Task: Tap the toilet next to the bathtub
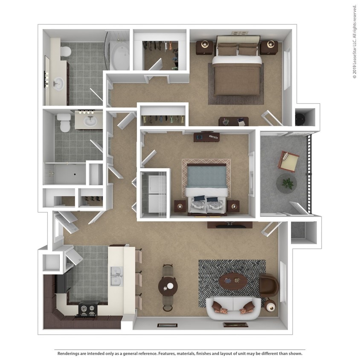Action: (x=65, y=52)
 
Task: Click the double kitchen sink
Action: (x=116, y=276)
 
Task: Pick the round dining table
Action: (x=168, y=286)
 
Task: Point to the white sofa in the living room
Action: (x=233, y=308)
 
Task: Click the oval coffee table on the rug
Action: (x=233, y=281)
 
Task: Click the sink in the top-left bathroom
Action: (x=58, y=84)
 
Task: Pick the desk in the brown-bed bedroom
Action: (x=233, y=122)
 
